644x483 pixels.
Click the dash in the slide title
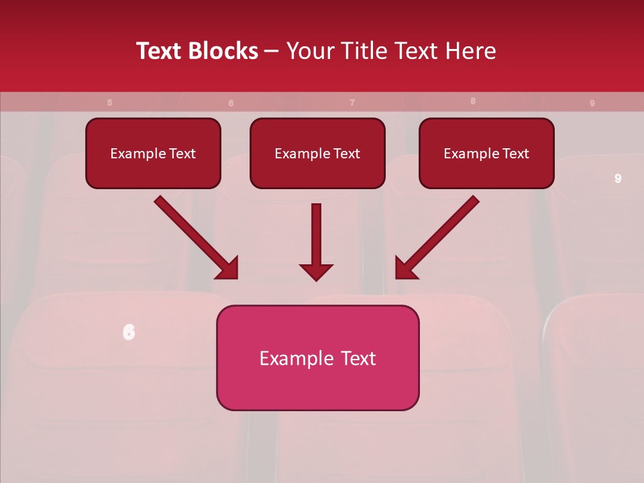272,52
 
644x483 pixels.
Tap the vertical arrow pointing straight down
316,238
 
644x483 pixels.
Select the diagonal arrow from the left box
195,236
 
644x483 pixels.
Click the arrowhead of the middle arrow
316,272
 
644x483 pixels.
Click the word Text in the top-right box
515,154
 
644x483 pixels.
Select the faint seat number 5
110,103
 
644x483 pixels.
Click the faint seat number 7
352,103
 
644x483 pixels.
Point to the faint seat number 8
473,101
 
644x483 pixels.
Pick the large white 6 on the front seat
129,331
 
